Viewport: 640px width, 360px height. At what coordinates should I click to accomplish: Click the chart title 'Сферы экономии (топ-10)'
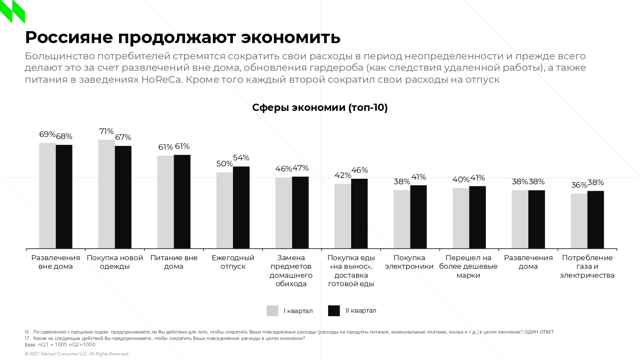coord(320,107)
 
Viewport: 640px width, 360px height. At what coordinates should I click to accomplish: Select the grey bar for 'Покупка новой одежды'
coord(106,194)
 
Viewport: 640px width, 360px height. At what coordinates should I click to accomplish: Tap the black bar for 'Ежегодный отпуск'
coord(241,207)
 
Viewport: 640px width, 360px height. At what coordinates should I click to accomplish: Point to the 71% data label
coord(106,131)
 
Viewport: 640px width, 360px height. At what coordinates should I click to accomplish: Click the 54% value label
coord(241,158)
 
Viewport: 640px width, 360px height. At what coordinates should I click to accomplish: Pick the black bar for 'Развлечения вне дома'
coord(64,197)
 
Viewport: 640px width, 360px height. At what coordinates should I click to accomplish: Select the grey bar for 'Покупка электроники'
coord(401,219)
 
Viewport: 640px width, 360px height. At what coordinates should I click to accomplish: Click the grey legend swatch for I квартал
coord(272,311)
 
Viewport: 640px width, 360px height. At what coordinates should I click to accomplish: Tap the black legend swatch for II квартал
coord(334,311)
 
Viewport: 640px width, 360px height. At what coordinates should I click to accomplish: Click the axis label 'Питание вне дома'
coord(174,262)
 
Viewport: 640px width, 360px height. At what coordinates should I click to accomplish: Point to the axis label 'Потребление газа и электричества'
coord(587,267)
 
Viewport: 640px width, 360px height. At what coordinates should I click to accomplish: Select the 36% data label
coord(579,185)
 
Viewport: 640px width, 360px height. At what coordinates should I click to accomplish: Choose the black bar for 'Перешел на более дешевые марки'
coord(477,217)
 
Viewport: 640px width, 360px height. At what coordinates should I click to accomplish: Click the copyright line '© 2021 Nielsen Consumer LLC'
coord(77,354)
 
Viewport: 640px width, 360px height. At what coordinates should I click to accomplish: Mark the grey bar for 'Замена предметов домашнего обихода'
coord(284,213)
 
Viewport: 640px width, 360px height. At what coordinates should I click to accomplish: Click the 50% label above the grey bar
coord(224,164)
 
